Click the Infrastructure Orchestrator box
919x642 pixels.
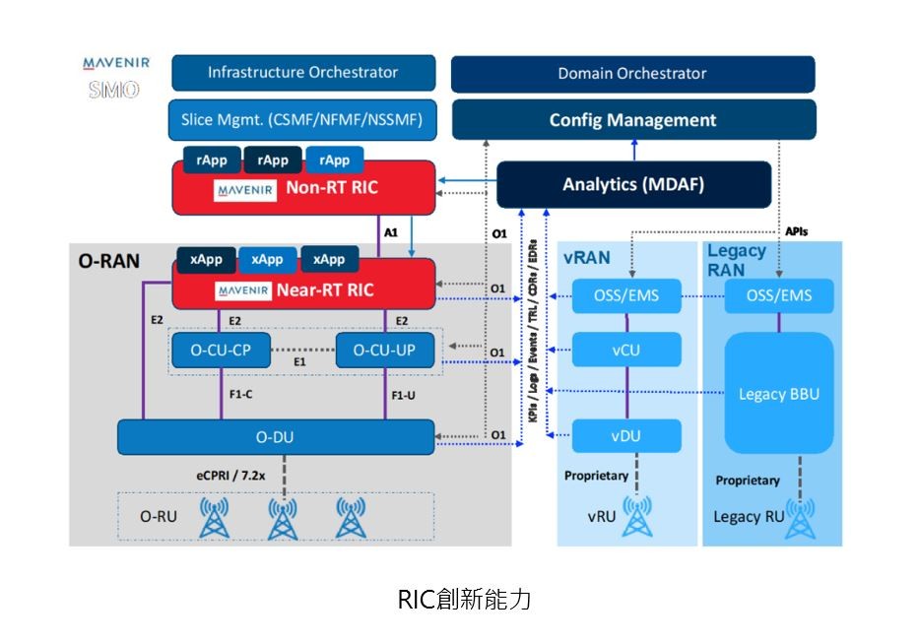[302, 73]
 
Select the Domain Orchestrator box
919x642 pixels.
[632, 74]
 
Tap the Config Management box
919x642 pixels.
[632, 120]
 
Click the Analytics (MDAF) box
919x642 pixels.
[632, 185]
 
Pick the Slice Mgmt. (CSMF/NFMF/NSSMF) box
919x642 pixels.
[301, 120]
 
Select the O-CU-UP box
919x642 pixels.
[384, 350]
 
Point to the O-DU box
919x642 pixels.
[276, 435]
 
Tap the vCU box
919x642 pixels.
[627, 350]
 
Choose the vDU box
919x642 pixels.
[627, 434]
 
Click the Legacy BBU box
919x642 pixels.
[778, 395]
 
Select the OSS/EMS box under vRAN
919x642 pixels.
[627, 295]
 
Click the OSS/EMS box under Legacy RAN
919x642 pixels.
[778, 295]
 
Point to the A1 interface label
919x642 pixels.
[391, 233]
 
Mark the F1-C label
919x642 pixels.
[233, 395]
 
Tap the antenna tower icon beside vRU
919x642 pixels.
[637, 516]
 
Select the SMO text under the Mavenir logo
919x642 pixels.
[113, 91]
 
